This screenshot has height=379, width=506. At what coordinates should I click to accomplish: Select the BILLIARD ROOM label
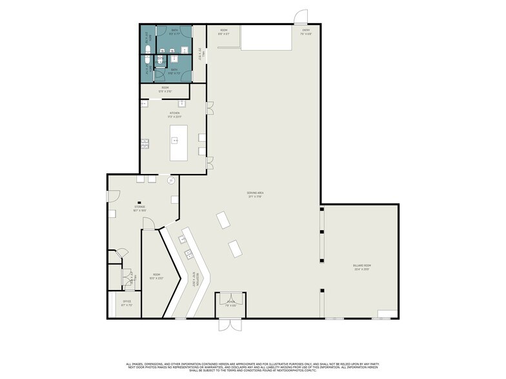361,267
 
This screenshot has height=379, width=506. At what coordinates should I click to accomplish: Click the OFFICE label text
127,302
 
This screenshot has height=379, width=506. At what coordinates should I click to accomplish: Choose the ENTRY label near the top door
305,32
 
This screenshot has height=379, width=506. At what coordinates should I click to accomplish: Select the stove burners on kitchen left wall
145,143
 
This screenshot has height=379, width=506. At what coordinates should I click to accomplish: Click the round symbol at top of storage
171,181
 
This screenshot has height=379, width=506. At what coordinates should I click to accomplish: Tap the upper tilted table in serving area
223,220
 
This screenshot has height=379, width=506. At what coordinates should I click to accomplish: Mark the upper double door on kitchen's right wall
210,109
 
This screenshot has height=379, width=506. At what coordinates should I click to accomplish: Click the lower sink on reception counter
190,253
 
